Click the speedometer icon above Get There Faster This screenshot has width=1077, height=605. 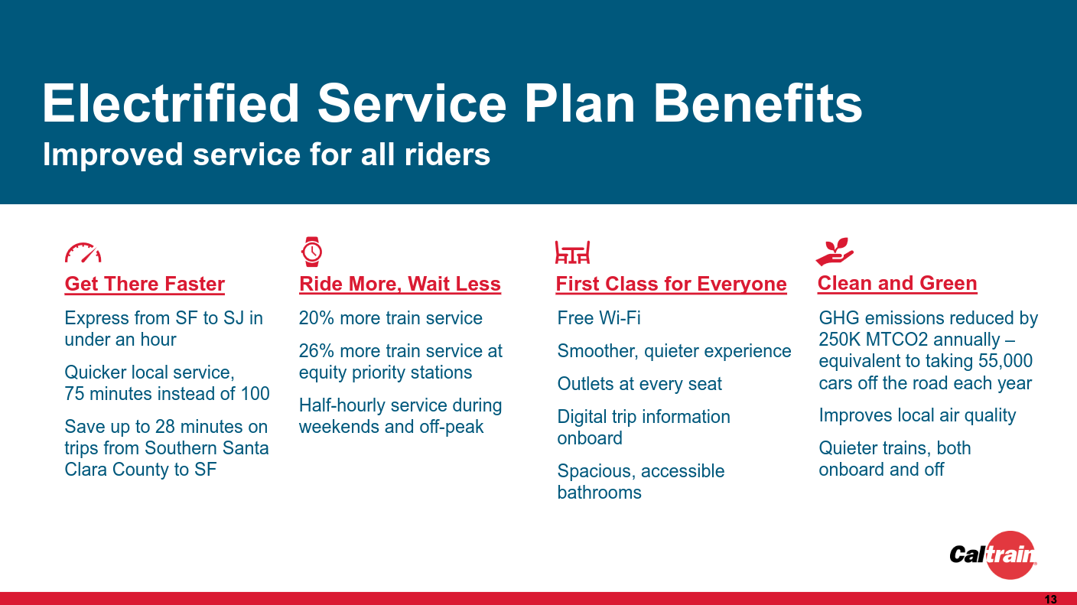click(83, 252)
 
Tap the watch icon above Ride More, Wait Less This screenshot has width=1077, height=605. click(311, 252)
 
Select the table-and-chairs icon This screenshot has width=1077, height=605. click(572, 252)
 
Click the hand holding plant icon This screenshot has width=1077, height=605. click(835, 251)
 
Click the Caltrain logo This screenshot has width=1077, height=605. click(994, 554)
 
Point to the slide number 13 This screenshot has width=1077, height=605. click(1050, 599)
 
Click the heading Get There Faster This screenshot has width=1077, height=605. click(145, 284)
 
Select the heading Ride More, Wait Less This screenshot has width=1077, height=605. click(399, 284)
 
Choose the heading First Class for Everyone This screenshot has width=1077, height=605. click(671, 284)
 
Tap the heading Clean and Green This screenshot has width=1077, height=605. click(896, 283)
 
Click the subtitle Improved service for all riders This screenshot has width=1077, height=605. click(266, 155)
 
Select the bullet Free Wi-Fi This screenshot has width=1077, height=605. click(599, 318)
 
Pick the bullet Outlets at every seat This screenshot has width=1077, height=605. click(639, 384)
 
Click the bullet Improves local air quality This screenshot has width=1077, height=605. click(917, 415)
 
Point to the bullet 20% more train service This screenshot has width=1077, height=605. click(390, 318)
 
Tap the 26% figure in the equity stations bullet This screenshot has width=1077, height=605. click(316, 351)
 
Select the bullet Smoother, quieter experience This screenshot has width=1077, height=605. click(674, 351)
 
